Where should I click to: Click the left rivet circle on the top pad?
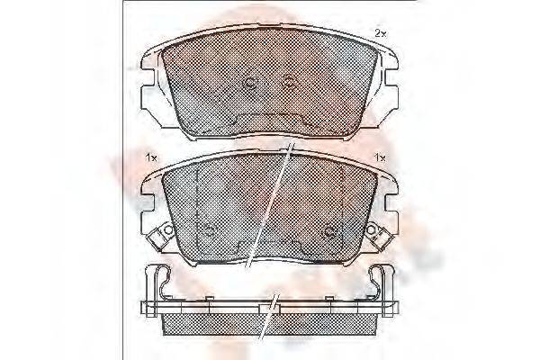point(249,83)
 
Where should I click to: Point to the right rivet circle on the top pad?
point(289,83)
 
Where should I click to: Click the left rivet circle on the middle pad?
point(206,230)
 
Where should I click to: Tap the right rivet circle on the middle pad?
point(331,230)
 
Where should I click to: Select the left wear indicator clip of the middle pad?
point(164,237)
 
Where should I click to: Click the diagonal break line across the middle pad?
point(270,202)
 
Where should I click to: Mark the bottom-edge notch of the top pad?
point(269,123)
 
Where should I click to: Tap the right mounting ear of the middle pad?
point(386,203)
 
